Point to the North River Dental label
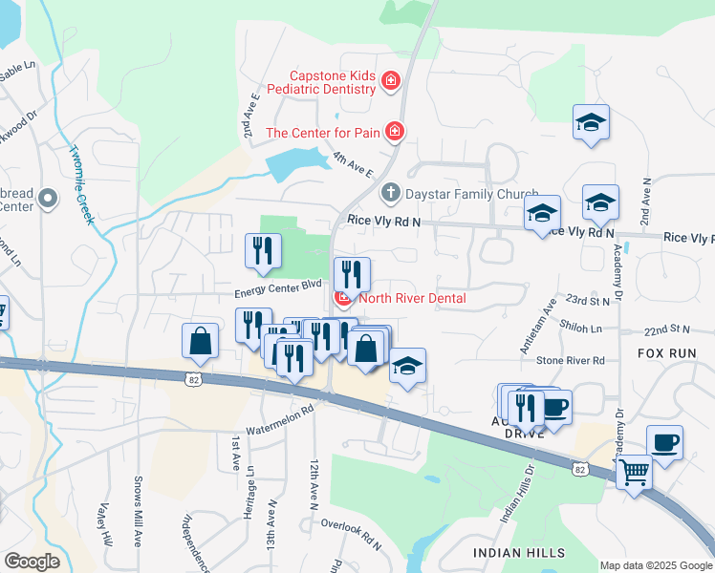[412, 299]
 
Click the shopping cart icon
[633, 471]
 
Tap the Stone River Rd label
[571, 361]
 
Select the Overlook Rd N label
[351, 536]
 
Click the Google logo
[32, 562]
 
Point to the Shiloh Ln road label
[582, 328]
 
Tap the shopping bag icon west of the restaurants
[200, 342]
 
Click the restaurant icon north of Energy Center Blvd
[262, 251]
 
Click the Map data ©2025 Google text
[655, 565]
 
